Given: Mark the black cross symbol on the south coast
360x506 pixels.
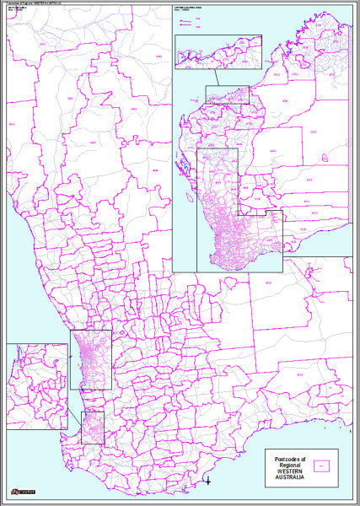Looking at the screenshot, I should (208, 482).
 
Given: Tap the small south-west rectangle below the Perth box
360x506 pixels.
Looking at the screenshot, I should (93, 428).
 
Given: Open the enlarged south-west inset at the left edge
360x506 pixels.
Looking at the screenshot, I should (37, 386).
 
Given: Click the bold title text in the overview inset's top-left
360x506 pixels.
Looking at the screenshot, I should (191, 16).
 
